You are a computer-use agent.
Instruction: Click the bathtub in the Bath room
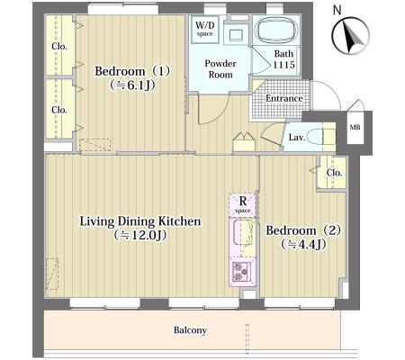(277, 30)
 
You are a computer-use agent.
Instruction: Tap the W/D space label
(205, 29)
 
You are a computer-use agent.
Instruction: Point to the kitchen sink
(244, 232)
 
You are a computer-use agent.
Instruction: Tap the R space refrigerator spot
(242, 204)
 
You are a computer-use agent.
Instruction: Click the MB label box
(355, 127)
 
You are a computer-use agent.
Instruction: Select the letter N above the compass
(337, 10)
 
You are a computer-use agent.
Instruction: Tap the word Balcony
(190, 330)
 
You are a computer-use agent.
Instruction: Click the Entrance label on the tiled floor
(283, 98)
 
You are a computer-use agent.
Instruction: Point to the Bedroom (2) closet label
(334, 173)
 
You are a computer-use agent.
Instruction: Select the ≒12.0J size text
(140, 235)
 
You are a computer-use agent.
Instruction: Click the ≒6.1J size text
(132, 85)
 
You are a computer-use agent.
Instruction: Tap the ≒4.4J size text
(303, 245)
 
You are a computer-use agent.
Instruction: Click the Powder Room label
(220, 69)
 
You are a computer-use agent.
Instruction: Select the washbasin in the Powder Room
(236, 35)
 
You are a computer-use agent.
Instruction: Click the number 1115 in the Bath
(283, 65)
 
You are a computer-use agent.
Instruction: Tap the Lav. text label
(297, 138)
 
